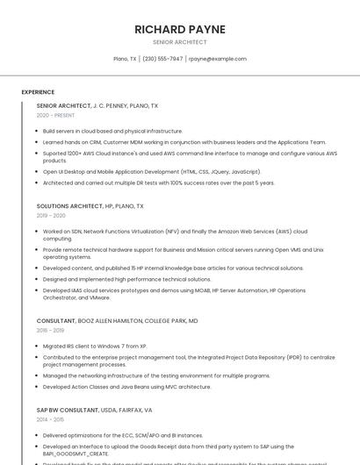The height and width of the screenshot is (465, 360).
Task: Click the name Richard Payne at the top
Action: [x=180, y=29]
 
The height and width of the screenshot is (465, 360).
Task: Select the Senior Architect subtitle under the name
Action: [x=180, y=42]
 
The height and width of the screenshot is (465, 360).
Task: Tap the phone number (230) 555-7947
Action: [x=162, y=59]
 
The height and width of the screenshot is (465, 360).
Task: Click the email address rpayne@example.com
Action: [x=218, y=59]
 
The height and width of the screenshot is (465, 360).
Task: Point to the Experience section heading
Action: [x=38, y=91]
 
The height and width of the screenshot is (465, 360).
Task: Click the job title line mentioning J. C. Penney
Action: [x=97, y=105]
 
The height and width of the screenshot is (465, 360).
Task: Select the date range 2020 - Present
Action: [x=56, y=115]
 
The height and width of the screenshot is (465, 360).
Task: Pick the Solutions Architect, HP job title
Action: [x=90, y=206]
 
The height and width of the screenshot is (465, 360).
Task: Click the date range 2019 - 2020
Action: [x=51, y=215]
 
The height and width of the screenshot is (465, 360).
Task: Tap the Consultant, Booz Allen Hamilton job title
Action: [x=117, y=321]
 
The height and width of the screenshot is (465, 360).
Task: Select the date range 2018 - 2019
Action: [x=51, y=330]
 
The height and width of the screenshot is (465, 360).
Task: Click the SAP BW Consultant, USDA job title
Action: [x=94, y=410]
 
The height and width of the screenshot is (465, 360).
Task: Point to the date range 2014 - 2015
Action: [x=51, y=419]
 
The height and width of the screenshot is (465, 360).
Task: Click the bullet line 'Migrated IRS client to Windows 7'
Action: [x=95, y=347]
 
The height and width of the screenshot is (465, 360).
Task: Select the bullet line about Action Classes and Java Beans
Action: [x=126, y=386]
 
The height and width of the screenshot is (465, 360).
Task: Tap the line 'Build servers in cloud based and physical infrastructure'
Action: [x=112, y=131]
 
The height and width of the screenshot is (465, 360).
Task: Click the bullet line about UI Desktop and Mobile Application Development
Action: [x=151, y=172]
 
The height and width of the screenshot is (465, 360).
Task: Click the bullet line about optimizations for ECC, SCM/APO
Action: [x=122, y=435]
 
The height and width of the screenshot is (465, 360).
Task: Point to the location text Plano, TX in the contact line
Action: [x=126, y=59]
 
